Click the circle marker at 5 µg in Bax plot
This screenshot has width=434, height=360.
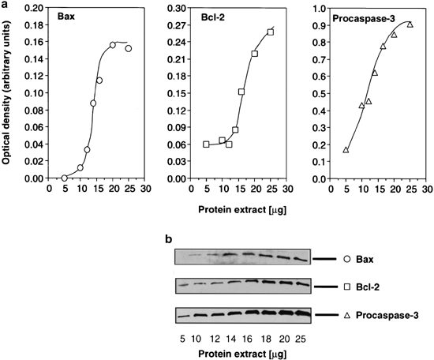coord(65,178)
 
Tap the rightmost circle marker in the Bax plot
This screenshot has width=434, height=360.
coord(128,48)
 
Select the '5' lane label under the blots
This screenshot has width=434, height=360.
coord(181,334)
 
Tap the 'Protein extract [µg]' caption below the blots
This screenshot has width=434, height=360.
coord(240,350)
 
